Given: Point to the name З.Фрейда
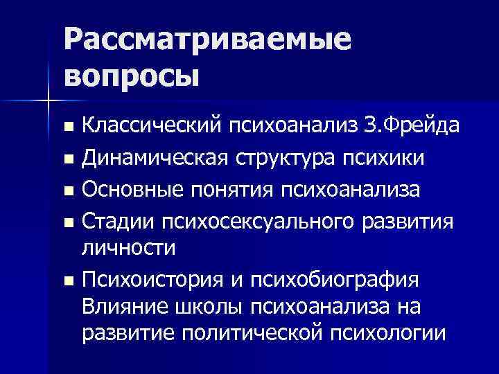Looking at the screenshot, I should tap(419, 127).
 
